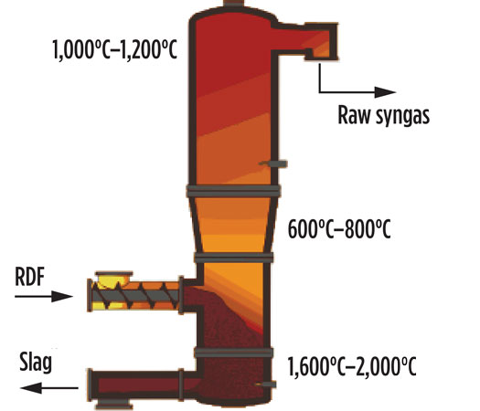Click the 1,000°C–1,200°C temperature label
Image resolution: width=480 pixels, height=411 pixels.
point(115,50)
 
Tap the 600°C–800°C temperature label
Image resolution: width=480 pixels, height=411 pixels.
point(339,229)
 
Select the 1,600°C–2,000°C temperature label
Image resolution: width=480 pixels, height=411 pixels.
point(352,366)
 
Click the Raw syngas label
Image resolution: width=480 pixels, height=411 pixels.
point(384,116)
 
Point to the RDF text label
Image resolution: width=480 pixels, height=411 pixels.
point(29,277)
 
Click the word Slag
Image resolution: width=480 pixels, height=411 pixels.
point(36,363)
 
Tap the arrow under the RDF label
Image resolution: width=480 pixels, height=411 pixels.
point(44,296)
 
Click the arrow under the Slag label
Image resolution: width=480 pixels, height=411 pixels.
point(49,388)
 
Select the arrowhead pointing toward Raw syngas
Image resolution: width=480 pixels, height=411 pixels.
point(386,91)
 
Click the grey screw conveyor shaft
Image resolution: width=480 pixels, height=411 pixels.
point(135,296)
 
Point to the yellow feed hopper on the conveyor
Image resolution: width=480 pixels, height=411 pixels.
point(114,279)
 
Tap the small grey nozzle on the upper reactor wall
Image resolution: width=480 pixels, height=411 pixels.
point(273,163)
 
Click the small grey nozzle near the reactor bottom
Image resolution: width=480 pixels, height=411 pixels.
point(266,385)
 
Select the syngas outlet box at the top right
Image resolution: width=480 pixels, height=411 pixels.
point(321,41)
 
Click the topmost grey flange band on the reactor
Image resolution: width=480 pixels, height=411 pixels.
point(233,191)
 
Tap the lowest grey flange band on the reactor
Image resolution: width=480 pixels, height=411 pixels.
point(233,353)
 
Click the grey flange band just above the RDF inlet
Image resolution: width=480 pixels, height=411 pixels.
point(233,258)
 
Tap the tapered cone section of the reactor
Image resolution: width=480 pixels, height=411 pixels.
point(233,225)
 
